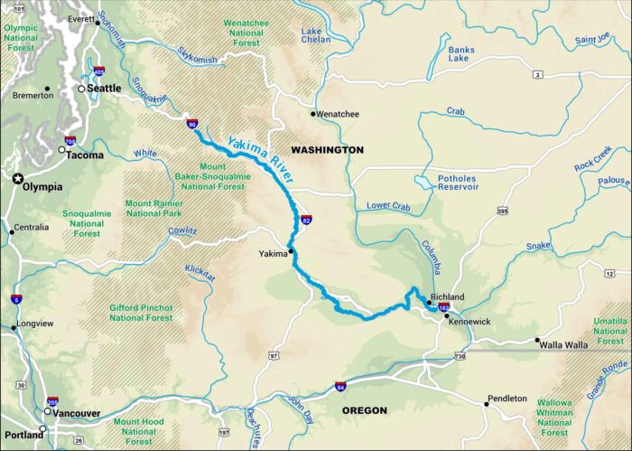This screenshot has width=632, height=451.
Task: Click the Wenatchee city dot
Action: (x=313, y=114)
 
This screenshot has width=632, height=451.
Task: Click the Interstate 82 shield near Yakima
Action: (x=306, y=220)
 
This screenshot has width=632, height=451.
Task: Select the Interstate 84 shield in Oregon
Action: (x=340, y=387)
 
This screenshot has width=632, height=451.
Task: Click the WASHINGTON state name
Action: (x=327, y=149)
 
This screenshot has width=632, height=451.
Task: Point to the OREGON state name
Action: (x=365, y=410)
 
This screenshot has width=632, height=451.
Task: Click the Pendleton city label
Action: (x=507, y=399)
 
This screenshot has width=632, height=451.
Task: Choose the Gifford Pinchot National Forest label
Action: (x=141, y=312)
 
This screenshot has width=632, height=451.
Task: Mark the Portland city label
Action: (x=22, y=435)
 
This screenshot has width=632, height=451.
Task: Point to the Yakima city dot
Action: (x=291, y=250)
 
